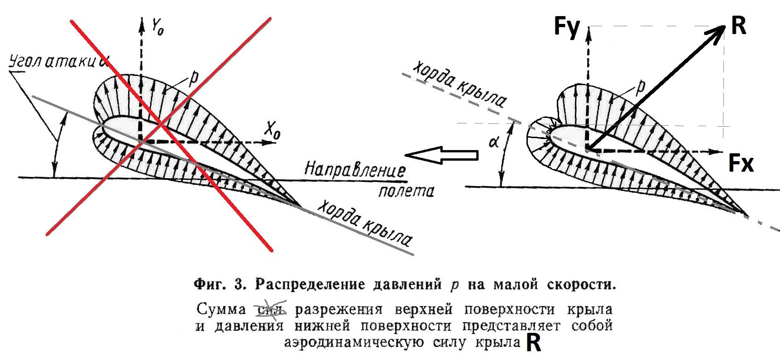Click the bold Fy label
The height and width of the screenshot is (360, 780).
click(x=566, y=27)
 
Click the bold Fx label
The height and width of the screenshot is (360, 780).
click(x=741, y=163)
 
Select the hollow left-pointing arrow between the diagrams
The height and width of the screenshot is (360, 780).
click(x=442, y=156)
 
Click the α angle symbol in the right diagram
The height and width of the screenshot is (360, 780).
click(x=494, y=142)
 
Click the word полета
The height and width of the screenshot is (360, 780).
click(x=406, y=190)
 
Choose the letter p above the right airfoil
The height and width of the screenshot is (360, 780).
click(x=639, y=86)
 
